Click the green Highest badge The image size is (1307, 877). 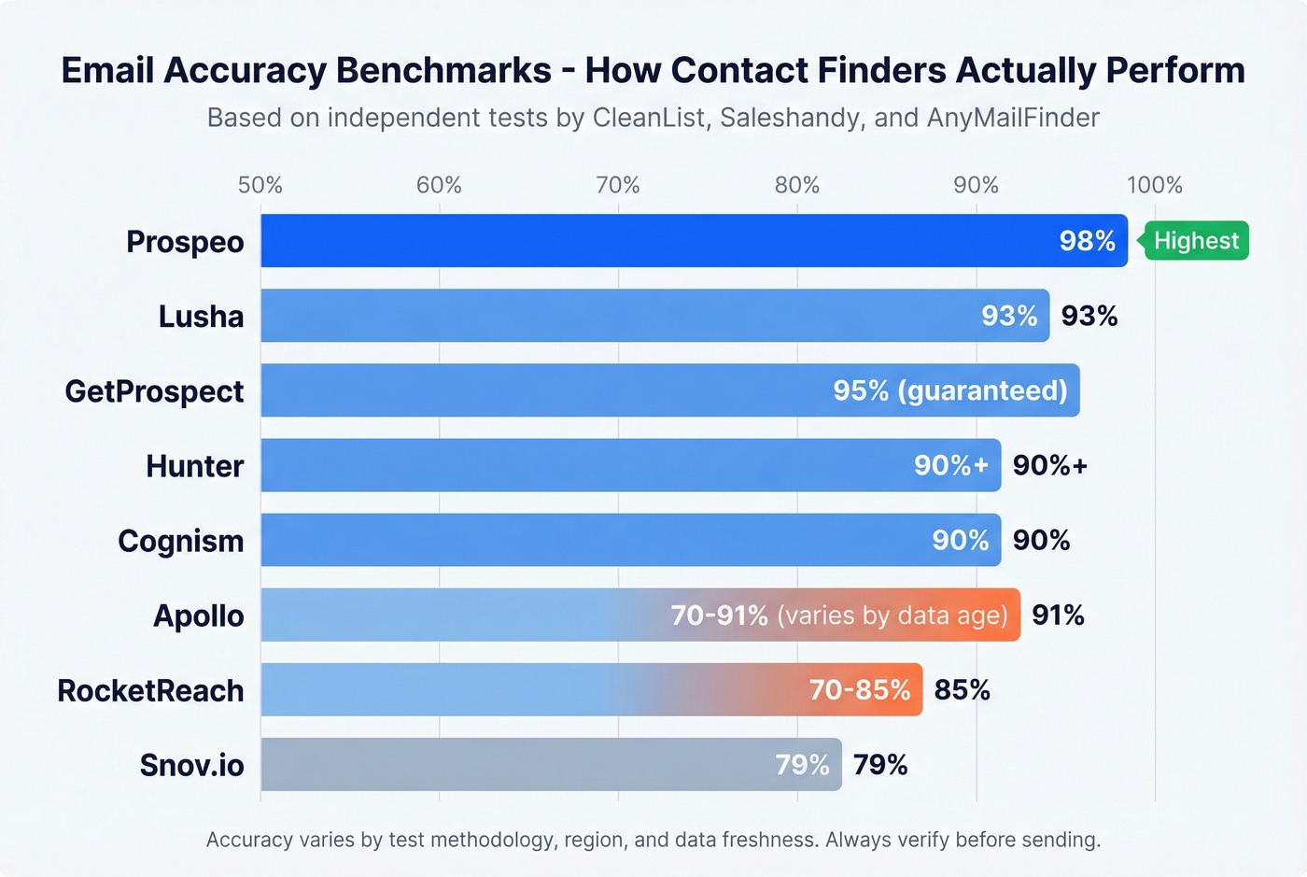1196,241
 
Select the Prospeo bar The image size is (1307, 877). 653,241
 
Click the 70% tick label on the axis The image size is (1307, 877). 618,185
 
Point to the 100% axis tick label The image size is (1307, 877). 1154,185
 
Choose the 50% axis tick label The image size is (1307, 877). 260,185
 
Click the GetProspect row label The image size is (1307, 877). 154,391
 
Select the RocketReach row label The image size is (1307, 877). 150,691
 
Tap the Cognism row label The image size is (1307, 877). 180,541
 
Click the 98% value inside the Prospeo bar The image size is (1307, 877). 1087,241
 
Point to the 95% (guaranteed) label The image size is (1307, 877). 949,390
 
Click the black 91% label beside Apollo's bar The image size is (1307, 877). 1058,615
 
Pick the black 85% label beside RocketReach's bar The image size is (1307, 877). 962,690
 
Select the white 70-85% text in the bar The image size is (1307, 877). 859,690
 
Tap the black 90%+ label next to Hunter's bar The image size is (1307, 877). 1050,465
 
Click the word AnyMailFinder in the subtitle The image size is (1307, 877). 1013,118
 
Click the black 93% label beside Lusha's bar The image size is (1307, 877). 1089,316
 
